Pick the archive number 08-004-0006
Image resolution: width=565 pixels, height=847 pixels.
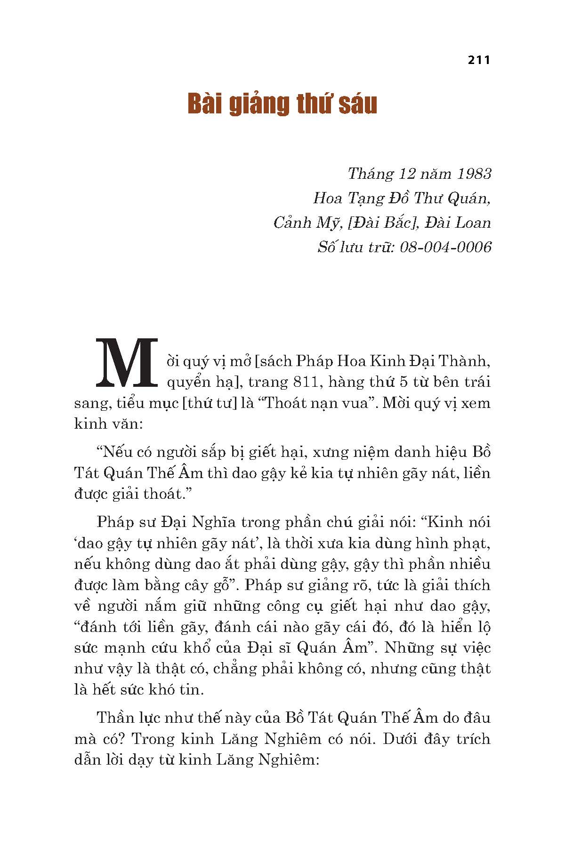(445, 247)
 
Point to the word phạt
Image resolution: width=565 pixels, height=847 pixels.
(475, 543)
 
